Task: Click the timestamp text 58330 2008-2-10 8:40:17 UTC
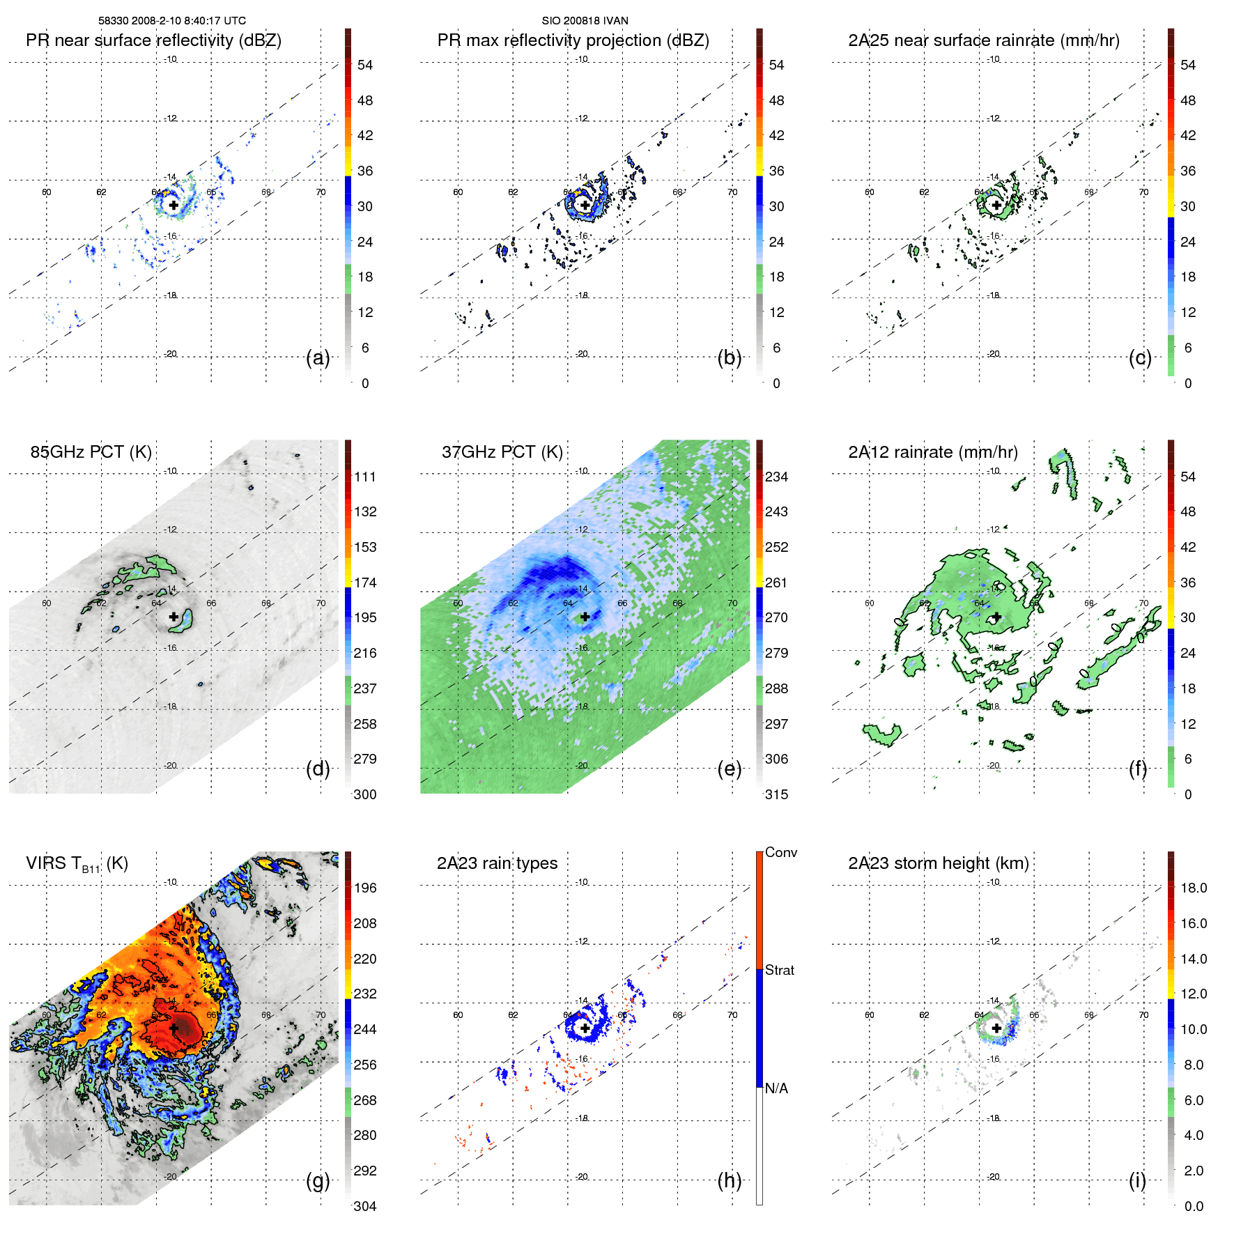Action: [x=171, y=21]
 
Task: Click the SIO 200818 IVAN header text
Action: [x=585, y=21]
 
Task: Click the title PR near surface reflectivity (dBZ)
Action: [x=153, y=40]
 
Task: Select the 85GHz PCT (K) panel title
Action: [x=91, y=452]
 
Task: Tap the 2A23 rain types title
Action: [x=497, y=863]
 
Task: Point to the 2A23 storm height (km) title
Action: [x=938, y=863]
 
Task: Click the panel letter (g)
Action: [x=318, y=1180]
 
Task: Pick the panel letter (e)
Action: [x=729, y=769]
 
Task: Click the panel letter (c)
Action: [x=1140, y=357]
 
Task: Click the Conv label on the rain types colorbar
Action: [x=780, y=852]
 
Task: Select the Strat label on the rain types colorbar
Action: [x=779, y=970]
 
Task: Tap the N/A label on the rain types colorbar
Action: [x=776, y=1088]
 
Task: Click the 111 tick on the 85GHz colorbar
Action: [x=365, y=477]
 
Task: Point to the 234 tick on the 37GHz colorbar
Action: [x=776, y=477]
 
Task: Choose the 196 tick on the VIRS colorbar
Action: [x=365, y=888]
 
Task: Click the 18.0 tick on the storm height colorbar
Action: [x=1193, y=888]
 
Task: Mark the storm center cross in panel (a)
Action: [x=173, y=206]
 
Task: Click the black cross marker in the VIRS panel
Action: [x=173, y=1028]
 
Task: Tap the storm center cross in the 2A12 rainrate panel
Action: [x=996, y=617]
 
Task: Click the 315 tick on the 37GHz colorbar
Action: [x=776, y=794]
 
